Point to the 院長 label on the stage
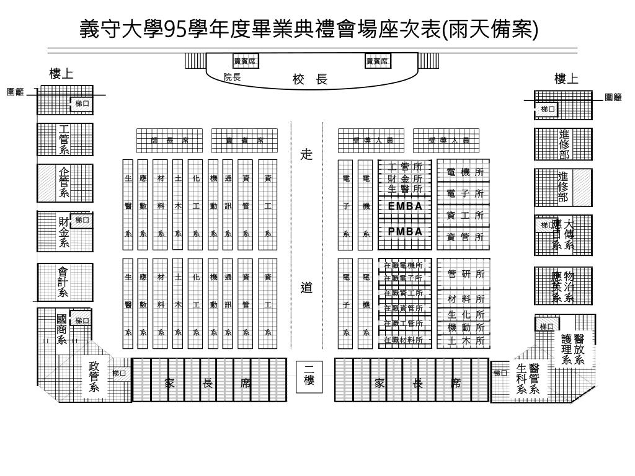(232, 77)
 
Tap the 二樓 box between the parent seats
(308, 374)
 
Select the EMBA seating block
(404, 206)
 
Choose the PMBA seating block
(404, 231)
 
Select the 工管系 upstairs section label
(64, 139)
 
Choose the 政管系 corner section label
(94, 377)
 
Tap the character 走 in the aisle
(306, 154)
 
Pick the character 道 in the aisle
(306, 288)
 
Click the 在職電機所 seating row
(403, 265)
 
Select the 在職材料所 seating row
(403, 340)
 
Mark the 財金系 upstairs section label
(63, 231)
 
